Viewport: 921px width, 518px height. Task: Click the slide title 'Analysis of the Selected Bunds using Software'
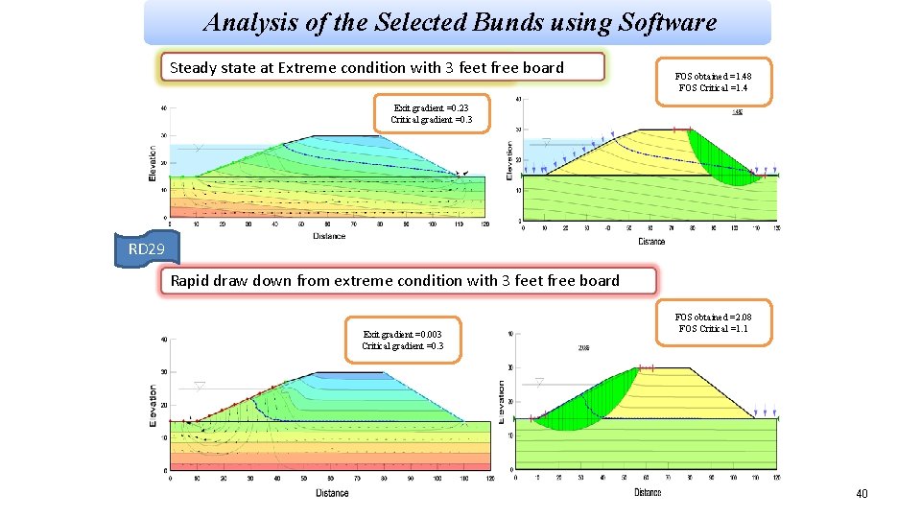tap(460, 22)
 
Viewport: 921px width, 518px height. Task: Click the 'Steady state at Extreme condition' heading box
tap(382, 67)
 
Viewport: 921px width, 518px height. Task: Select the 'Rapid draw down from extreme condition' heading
tap(408, 281)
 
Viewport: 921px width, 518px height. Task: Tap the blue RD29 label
tap(147, 249)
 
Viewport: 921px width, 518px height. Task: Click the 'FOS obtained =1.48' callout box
tap(712, 82)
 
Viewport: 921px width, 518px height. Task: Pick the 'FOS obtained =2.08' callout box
tap(712, 322)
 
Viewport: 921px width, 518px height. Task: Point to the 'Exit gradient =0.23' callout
tap(431, 114)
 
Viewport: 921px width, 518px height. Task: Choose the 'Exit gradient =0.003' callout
tap(402, 340)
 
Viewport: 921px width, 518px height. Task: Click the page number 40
tap(861, 493)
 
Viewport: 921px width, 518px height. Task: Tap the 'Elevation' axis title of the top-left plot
tap(153, 162)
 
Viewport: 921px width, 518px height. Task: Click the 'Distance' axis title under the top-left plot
tap(328, 235)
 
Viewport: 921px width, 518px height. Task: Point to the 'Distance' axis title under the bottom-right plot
tap(647, 492)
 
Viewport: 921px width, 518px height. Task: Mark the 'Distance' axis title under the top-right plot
tap(650, 241)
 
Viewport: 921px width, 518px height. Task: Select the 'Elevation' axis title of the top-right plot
tap(509, 159)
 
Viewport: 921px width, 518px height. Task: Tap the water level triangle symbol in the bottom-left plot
tap(200, 386)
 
